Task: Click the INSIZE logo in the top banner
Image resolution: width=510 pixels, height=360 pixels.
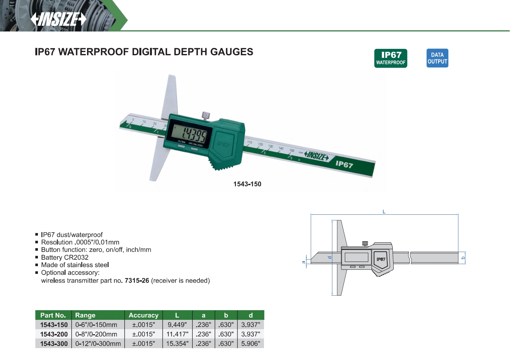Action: (58, 19)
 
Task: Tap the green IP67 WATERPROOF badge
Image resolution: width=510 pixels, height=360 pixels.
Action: (391, 58)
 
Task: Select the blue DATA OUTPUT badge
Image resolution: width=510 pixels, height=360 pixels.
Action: (437, 58)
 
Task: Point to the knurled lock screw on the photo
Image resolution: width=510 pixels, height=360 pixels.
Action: (206, 116)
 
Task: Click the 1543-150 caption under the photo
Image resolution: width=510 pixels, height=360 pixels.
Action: (247, 184)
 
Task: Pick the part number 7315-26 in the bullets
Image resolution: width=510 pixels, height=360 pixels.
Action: (137, 281)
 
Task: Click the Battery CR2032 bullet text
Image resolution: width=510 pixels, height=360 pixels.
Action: (65, 257)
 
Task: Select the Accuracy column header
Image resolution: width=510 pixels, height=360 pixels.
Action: (144, 315)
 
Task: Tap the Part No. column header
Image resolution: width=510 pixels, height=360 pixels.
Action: (53, 315)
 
